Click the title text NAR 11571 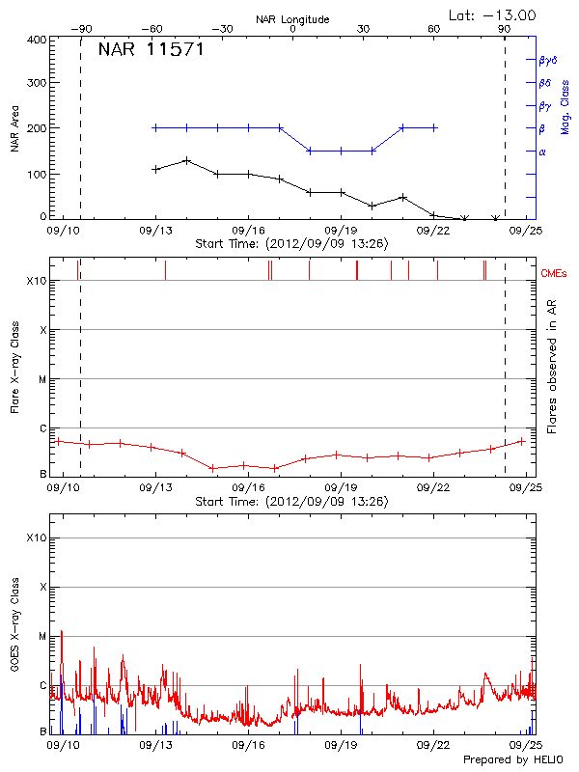coord(151,50)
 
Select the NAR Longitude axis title coord(292,18)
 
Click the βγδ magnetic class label coord(548,59)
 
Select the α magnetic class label coord(542,152)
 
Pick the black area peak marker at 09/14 coord(186,160)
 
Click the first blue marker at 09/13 coord(155,127)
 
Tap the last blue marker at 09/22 coord(434,127)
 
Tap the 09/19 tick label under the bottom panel coord(342,746)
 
